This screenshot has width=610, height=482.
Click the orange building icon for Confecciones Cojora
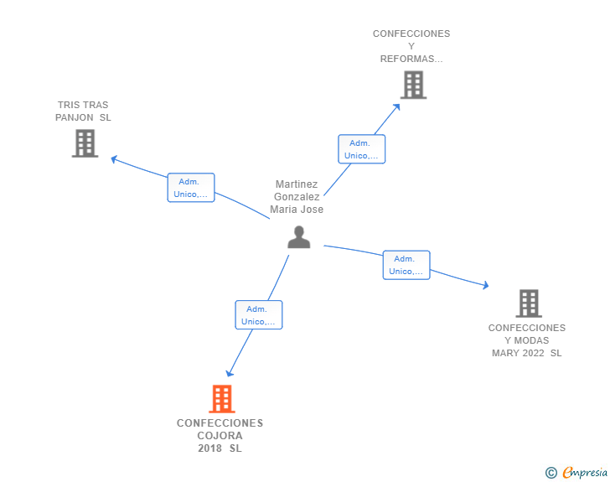tap(221, 399)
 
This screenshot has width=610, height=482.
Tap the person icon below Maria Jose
tap(298, 238)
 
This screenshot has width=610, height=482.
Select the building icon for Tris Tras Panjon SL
tap(85, 143)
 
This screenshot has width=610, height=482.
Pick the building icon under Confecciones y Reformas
tap(412, 85)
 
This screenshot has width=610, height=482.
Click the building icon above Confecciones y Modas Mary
tap(528, 303)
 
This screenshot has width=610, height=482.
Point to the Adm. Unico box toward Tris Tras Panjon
tap(191, 188)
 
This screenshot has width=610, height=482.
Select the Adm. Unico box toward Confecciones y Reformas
tap(361, 149)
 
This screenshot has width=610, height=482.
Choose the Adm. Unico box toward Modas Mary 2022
tap(406, 265)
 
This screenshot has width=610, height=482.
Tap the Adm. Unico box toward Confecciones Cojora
tap(258, 315)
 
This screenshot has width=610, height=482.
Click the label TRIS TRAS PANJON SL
tap(83, 111)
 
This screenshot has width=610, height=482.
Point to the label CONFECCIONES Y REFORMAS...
tap(411, 46)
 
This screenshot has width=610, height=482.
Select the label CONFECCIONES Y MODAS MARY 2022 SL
tap(527, 340)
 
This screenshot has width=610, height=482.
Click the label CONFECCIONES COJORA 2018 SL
tap(220, 435)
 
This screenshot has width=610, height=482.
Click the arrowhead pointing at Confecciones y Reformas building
tap(397, 106)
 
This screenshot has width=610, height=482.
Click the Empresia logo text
tap(585, 473)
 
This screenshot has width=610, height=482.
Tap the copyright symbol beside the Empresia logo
tap(551, 473)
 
